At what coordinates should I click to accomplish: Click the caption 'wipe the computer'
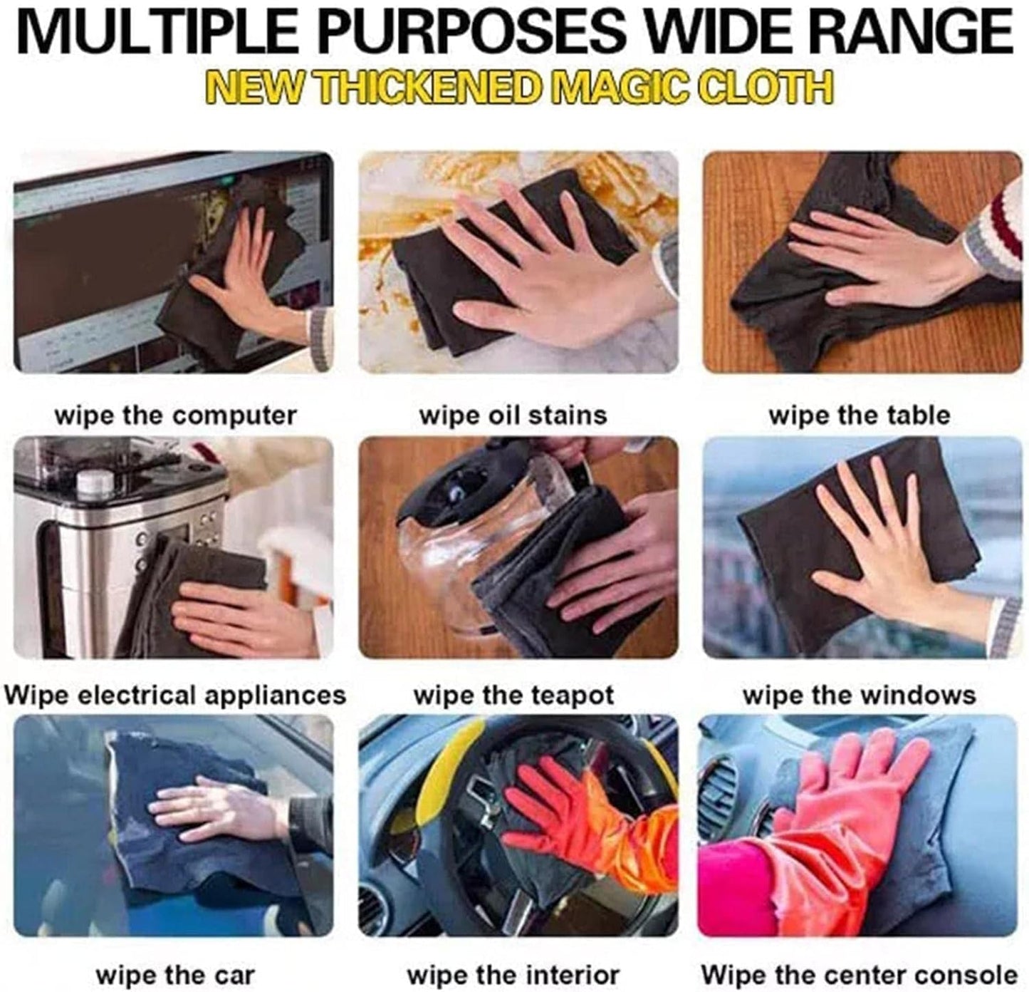click(176, 415)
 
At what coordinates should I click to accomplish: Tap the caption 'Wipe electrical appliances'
click(174, 695)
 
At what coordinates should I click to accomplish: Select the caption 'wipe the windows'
click(860, 695)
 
